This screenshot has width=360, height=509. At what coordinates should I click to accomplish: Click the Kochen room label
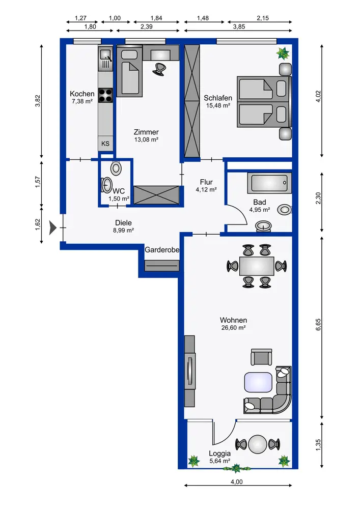click(82, 94)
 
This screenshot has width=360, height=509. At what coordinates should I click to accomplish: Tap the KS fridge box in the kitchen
click(105, 144)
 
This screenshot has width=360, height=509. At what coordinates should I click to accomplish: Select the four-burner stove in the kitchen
click(105, 96)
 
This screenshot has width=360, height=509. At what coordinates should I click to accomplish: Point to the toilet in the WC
click(116, 168)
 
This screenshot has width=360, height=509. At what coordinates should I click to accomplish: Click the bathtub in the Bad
click(269, 183)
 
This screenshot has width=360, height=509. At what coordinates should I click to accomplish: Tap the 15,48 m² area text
click(218, 105)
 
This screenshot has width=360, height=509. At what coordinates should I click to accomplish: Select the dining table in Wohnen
click(257, 266)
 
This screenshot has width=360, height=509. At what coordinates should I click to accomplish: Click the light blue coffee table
click(258, 383)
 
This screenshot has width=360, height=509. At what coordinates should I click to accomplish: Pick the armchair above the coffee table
click(261, 357)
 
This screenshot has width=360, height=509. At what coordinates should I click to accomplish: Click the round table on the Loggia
click(258, 444)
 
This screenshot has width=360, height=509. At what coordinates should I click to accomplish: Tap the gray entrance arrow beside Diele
click(52, 228)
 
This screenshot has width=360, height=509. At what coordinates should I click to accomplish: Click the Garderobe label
click(162, 250)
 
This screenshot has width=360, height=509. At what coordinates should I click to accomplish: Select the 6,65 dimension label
click(318, 325)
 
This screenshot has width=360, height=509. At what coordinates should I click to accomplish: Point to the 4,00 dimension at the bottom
click(237, 482)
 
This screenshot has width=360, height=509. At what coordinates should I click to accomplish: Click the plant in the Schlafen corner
click(283, 53)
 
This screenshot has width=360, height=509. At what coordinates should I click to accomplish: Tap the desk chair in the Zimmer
click(159, 69)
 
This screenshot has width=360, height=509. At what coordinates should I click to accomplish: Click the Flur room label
click(206, 182)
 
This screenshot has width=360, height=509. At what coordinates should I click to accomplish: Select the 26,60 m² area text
click(233, 328)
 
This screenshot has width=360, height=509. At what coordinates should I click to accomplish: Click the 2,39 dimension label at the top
click(147, 26)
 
